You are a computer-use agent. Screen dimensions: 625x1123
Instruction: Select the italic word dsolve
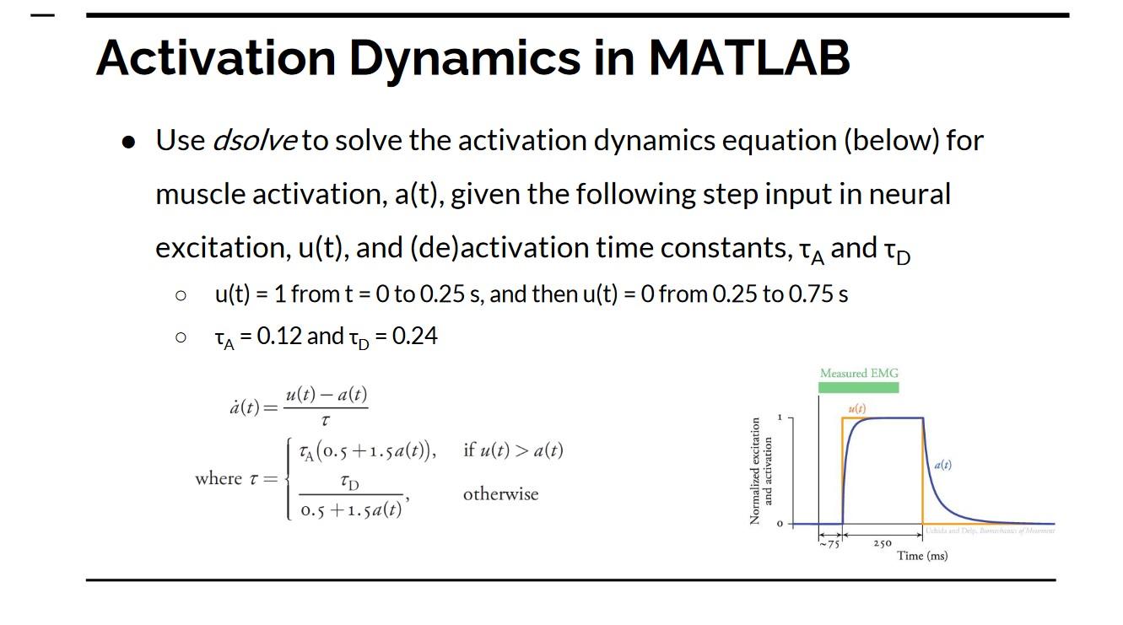[x=254, y=140]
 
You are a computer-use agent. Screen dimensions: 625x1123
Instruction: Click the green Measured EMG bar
[x=858, y=387]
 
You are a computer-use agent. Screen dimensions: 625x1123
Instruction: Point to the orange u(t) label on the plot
[x=857, y=409]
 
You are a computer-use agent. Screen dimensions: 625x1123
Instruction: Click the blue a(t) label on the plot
[x=943, y=465]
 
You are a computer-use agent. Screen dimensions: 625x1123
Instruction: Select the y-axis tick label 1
[x=780, y=418]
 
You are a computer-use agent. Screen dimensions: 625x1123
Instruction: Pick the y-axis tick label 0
[x=780, y=524]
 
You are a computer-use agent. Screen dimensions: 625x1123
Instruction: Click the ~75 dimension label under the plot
[x=829, y=544]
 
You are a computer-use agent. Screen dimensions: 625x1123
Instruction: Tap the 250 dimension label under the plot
[x=882, y=544]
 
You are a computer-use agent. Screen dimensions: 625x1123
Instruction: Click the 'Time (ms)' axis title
[x=922, y=556]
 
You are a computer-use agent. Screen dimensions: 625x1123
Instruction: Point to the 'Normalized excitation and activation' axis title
[x=761, y=471]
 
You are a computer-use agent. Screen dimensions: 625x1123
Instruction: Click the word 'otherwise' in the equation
[x=500, y=494]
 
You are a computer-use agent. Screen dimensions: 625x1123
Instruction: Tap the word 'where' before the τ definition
[x=218, y=478]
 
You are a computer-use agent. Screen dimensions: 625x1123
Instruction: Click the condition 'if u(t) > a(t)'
[x=512, y=450]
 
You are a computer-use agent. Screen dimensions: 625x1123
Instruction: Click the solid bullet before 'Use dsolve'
[x=128, y=142]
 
